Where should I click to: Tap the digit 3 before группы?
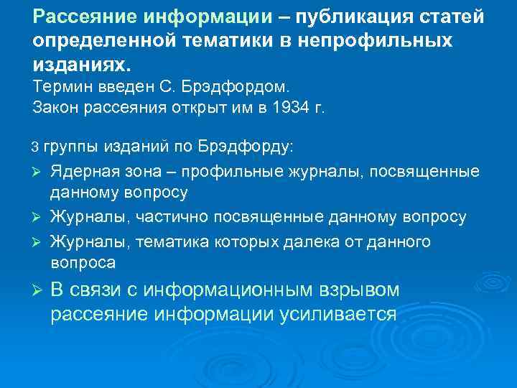(x=37, y=148)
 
